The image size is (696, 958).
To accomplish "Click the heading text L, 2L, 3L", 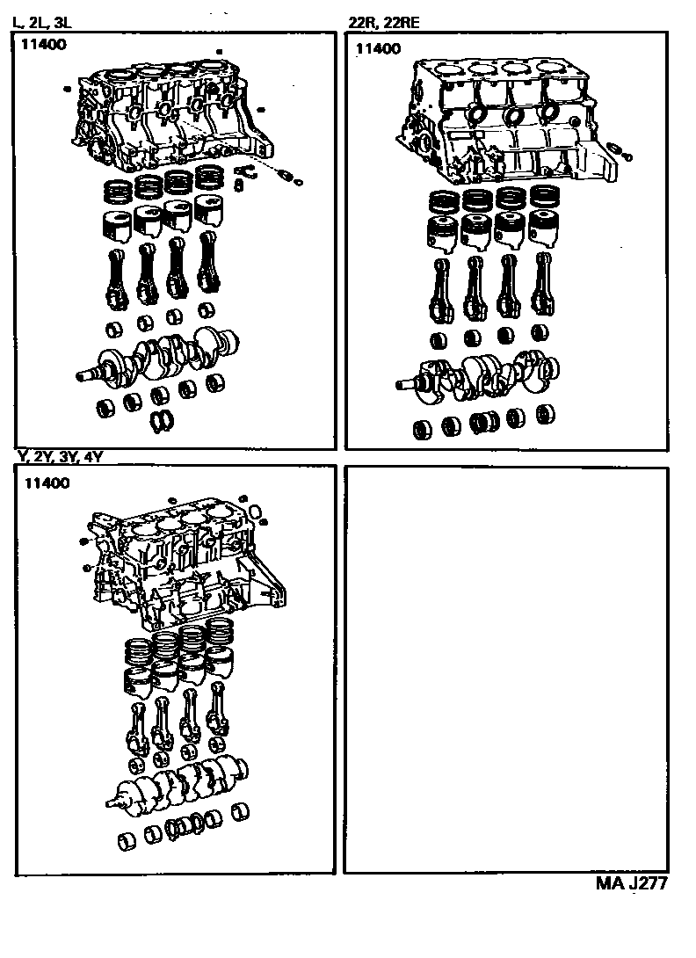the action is pyautogui.click(x=41, y=23).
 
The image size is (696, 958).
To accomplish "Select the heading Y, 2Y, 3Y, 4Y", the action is pyautogui.click(x=59, y=456).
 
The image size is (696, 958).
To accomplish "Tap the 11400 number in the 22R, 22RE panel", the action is pyautogui.click(x=378, y=49).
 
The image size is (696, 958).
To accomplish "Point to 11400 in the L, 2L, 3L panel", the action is pyautogui.click(x=44, y=45).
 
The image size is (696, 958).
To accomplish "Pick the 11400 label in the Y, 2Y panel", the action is pyautogui.click(x=47, y=483).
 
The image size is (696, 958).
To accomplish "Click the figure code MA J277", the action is pyautogui.click(x=631, y=883).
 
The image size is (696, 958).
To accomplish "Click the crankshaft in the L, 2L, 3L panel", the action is pyautogui.click(x=157, y=357).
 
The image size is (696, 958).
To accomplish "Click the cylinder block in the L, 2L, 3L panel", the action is pyautogui.click(x=174, y=116).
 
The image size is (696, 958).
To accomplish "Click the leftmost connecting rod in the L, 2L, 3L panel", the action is pyautogui.click(x=115, y=279).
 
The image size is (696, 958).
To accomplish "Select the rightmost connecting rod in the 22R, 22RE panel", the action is pyautogui.click(x=542, y=286).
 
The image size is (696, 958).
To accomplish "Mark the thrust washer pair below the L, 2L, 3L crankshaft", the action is pyautogui.click(x=163, y=421).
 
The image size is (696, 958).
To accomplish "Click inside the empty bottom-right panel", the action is pyautogui.click(x=506, y=671).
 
